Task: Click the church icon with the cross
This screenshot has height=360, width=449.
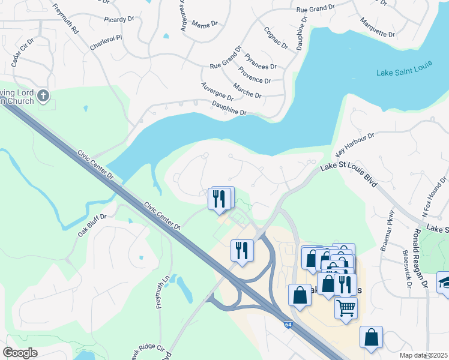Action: tap(43, 95)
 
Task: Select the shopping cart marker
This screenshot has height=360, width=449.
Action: tap(346, 308)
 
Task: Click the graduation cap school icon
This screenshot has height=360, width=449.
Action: tap(444, 282)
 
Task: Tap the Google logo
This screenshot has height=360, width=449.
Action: tap(20, 353)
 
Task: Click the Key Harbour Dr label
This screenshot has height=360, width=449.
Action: tap(354, 143)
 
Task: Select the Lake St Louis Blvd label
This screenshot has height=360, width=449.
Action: tap(348, 175)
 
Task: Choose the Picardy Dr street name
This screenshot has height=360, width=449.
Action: tap(118, 19)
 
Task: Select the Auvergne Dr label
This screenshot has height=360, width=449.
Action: tap(217, 92)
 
